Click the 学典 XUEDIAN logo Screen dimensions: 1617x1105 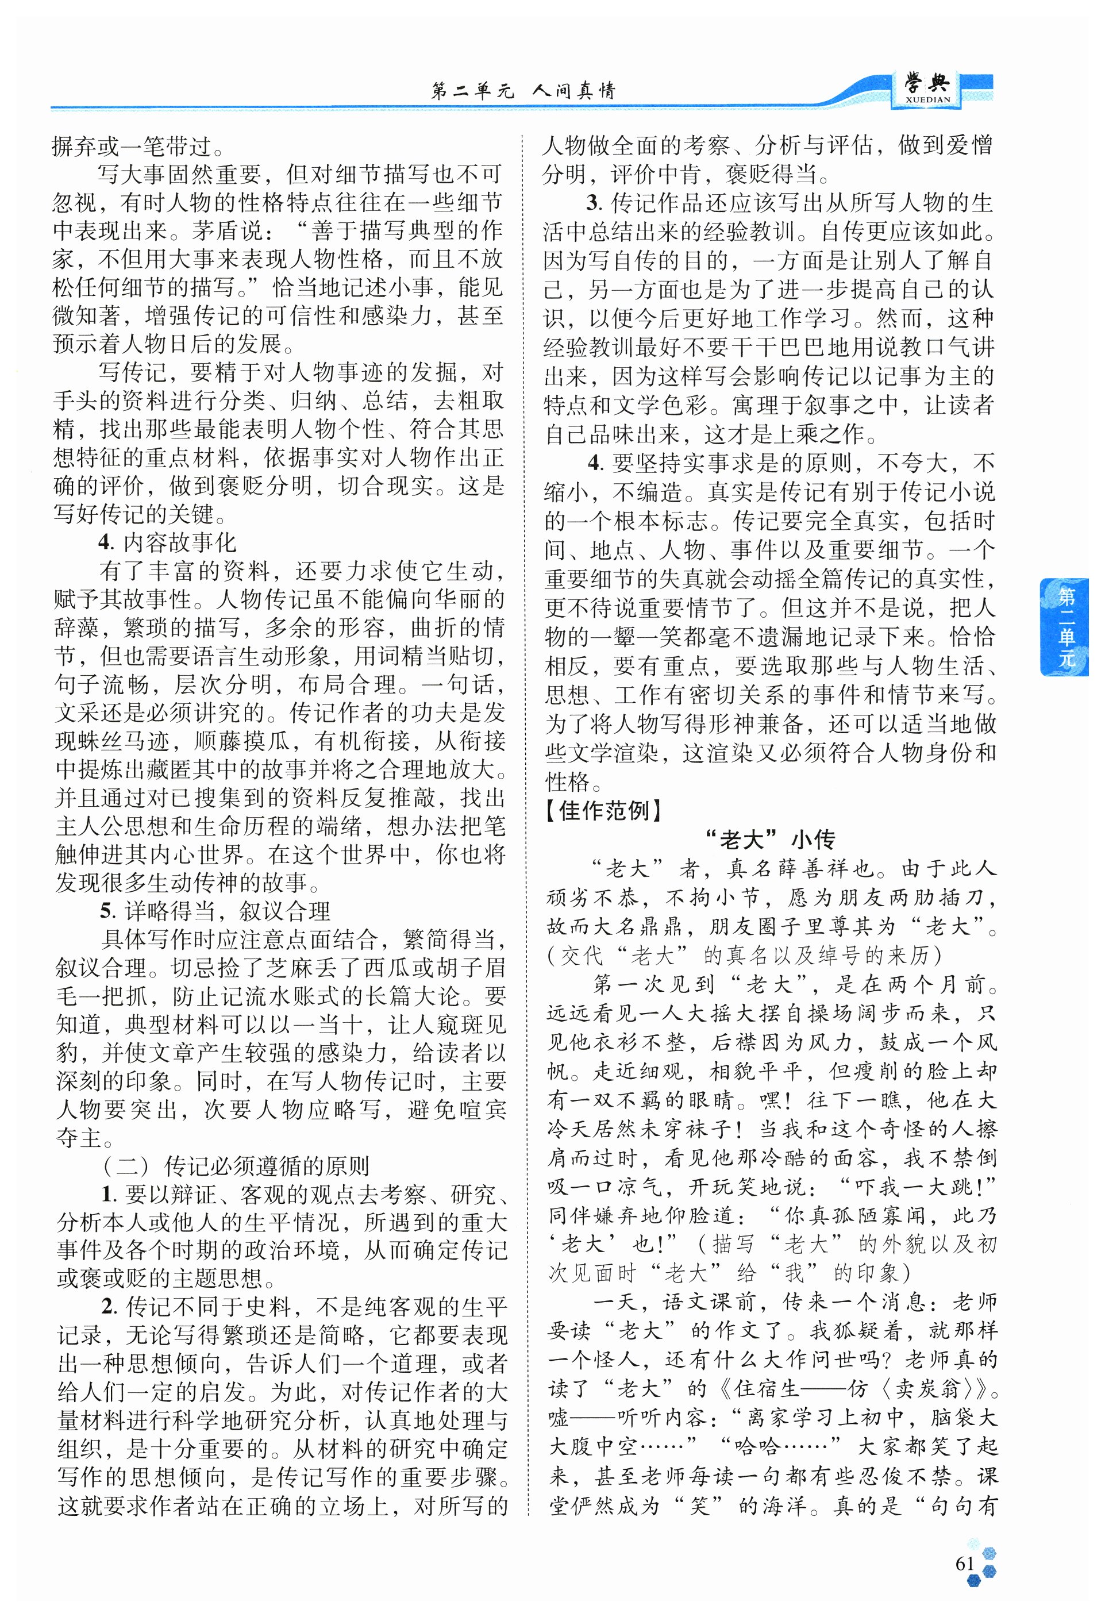tap(926, 90)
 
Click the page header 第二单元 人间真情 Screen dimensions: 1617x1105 tap(523, 90)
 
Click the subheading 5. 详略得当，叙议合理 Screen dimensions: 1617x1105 tap(215, 911)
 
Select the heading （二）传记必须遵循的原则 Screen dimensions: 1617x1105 tap(235, 1166)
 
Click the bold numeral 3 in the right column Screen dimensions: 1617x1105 tap(593, 203)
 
